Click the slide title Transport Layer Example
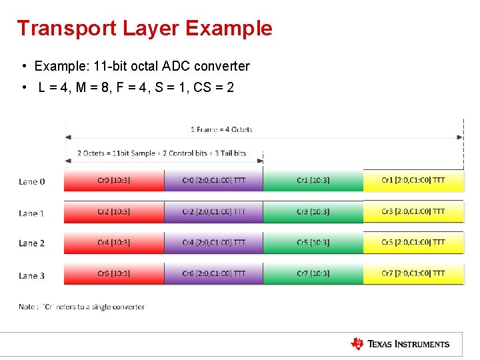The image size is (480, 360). click(145, 28)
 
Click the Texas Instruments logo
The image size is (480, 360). click(400, 344)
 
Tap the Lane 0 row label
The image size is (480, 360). click(32, 181)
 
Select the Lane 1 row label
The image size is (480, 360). click(32, 213)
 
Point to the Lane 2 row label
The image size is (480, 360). click(32, 243)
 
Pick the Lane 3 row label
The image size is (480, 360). click(32, 275)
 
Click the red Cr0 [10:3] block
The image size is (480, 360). click(114, 181)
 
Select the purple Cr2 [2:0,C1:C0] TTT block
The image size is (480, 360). click(213, 212)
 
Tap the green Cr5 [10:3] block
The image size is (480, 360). click(313, 243)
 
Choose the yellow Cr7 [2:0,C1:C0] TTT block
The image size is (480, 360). click(413, 274)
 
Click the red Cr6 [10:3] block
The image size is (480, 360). click(114, 274)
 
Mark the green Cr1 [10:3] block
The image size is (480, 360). click(313, 181)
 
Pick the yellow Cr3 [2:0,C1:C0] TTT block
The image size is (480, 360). click(413, 212)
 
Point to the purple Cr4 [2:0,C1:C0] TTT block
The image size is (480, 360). click(213, 243)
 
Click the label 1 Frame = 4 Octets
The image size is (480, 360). click(221, 129)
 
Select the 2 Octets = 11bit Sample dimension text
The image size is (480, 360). click(161, 153)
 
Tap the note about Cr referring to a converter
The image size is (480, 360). click(81, 307)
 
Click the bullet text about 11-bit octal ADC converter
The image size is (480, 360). click(142, 66)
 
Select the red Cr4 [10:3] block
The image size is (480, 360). click(114, 243)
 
